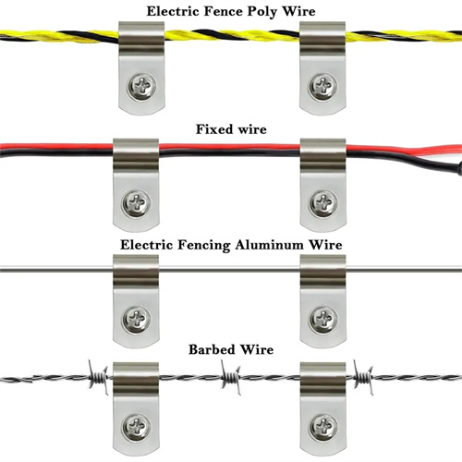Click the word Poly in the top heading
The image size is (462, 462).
pos(262,12)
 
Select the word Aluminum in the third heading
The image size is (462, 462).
pos(270,245)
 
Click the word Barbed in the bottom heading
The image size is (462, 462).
pos(212,349)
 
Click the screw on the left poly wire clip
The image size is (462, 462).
pos(142,86)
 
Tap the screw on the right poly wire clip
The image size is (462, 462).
pos(322,86)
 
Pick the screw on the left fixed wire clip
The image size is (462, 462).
pos(137,202)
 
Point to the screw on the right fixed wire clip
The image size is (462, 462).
pos(323,202)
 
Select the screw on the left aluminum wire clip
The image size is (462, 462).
pos(137,319)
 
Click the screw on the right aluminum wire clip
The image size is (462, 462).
pos(323,319)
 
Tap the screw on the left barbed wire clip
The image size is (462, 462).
pos(137,427)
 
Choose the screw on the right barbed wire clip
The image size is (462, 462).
pos(323,427)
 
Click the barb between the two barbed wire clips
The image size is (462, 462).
pos(230,377)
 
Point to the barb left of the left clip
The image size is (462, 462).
pos(98,377)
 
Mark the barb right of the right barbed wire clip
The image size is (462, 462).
pos(363,377)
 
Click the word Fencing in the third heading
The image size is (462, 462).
pos(203,246)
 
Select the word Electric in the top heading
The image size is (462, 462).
pos(173,12)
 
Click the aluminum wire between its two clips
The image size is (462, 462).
pos(229,270)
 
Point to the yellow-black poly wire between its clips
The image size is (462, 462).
pos(232,35)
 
